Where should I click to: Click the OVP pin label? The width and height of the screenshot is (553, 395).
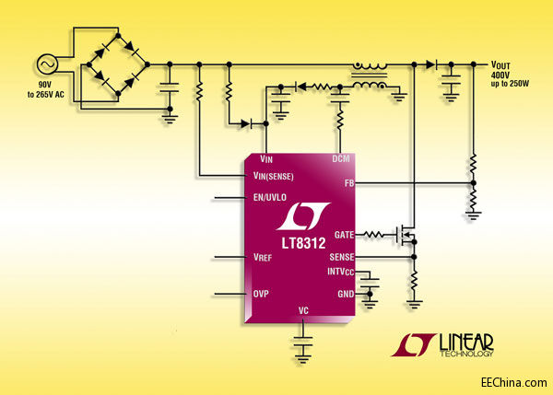261,295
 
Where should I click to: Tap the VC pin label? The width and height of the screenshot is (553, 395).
303,311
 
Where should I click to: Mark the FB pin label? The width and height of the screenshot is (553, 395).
349,184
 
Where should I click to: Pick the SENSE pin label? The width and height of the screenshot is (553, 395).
340,257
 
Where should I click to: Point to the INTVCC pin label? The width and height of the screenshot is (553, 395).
339,273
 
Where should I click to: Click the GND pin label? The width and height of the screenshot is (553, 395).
345,293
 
